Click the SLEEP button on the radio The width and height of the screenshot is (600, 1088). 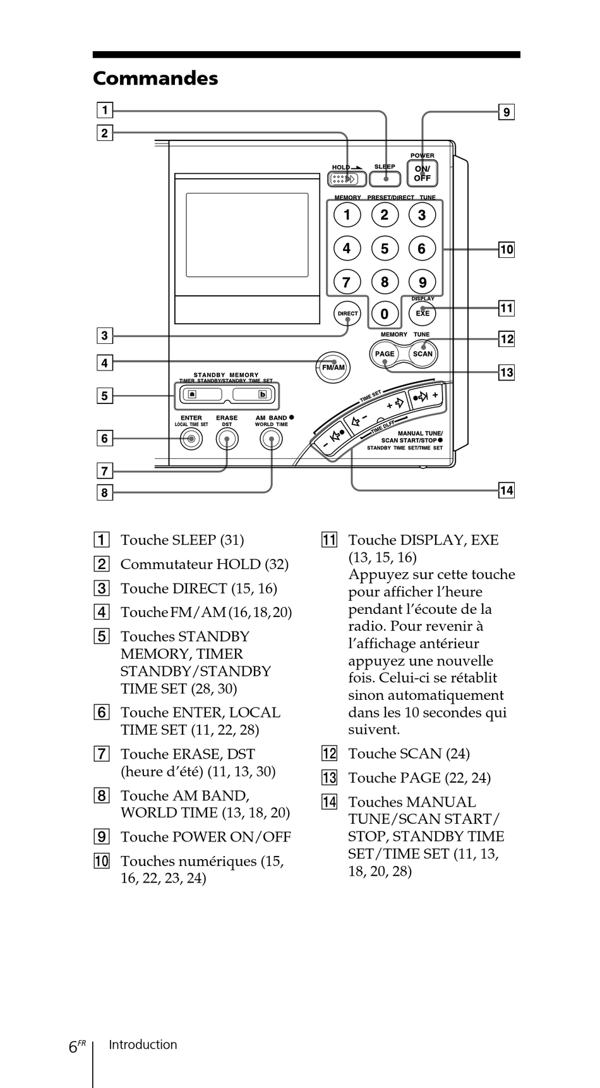coord(385,179)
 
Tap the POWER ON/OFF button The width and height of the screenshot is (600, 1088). coord(422,173)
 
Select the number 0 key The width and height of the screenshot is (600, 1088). coord(385,314)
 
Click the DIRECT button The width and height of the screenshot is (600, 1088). coord(347,314)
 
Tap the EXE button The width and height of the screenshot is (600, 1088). coord(423,313)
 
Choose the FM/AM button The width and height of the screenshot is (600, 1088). coord(333,367)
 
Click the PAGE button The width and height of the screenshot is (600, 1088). coord(384,354)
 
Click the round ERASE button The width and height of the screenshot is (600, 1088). coord(227,439)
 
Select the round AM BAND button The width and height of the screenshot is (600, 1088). coord(272,439)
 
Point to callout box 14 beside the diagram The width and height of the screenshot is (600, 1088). coord(507,490)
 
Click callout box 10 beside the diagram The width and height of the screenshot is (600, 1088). coord(507,249)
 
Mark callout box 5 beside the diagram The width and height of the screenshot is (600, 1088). coord(104,396)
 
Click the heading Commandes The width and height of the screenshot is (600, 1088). coord(155,78)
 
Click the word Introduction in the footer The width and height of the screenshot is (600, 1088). coord(143,1045)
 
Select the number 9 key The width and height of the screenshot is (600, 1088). coord(422,282)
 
